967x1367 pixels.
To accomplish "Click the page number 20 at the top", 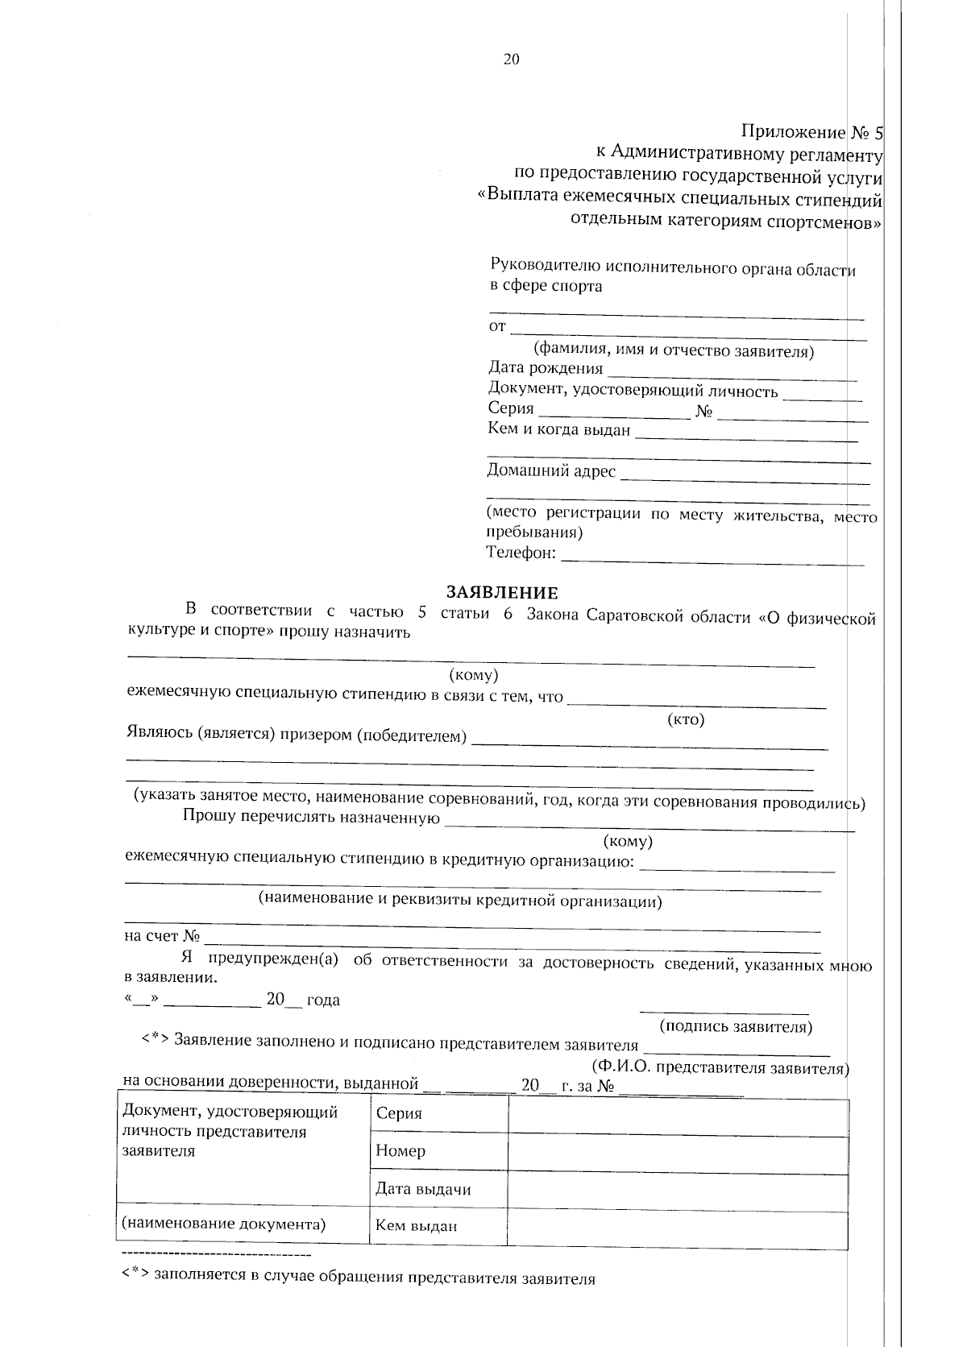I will pos(511,59).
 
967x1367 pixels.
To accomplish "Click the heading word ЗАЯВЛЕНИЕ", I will pos(502,594).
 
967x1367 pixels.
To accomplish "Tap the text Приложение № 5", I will pos(811,132).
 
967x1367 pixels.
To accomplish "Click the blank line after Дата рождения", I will pos(732,372).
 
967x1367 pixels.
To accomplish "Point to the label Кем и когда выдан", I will pos(558,429).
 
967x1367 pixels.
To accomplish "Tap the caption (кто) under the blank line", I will pos(686,719).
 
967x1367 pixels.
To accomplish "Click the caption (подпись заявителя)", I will pos(735,1026).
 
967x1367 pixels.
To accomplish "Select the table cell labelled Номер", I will pos(400,1151).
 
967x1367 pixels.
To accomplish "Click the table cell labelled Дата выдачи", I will pos(423,1189).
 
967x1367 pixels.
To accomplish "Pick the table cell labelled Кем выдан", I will pos(416,1226).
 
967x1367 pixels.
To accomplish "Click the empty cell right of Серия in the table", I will pos(677,1114).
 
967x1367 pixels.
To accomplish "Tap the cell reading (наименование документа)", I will pos(223,1224).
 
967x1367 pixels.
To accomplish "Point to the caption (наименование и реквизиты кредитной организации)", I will pos(459,901).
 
